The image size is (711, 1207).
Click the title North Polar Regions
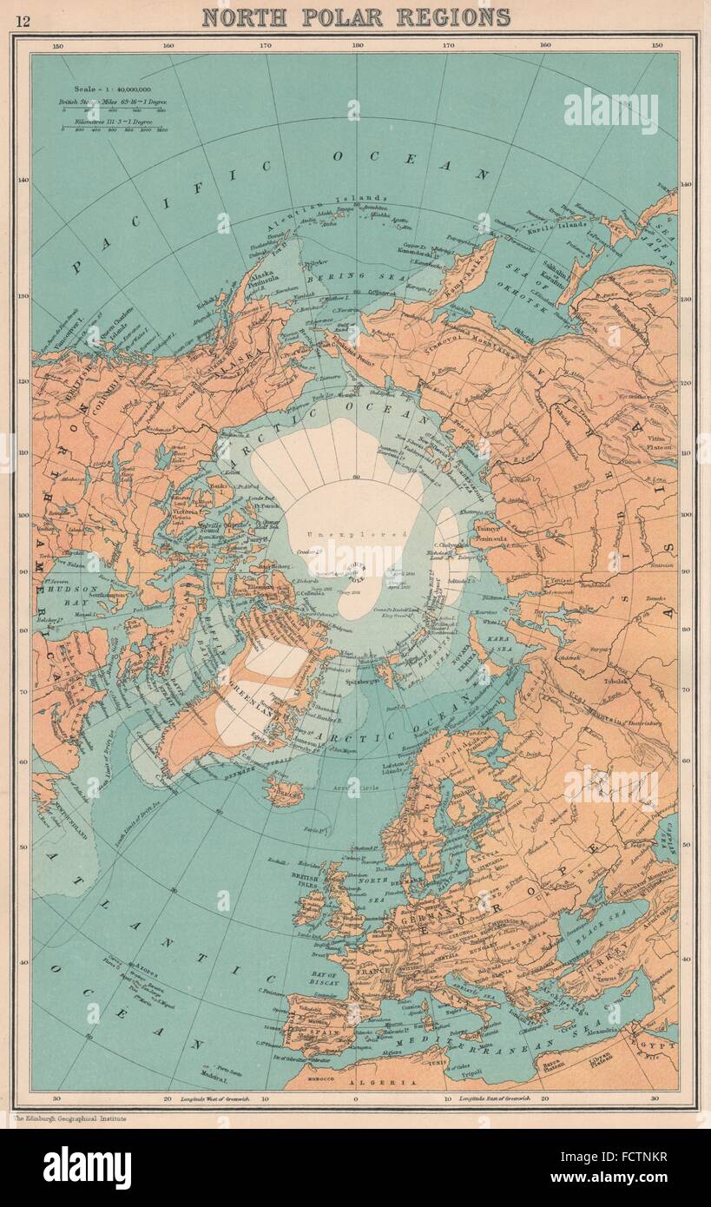(x=356, y=16)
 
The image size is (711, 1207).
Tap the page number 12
(x=23, y=20)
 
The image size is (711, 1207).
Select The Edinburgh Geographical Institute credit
(x=72, y=1119)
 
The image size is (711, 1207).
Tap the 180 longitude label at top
(x=355, y=45)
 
